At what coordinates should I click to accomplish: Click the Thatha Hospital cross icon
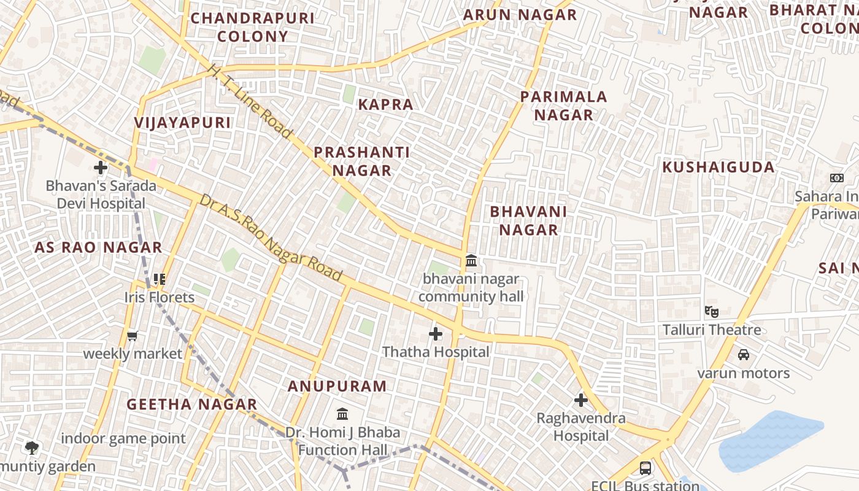[436, 334]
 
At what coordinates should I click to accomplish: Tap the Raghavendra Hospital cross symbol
[580, 401]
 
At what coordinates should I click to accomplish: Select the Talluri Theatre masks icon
[712, 311]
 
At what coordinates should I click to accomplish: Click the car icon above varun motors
[743, 355]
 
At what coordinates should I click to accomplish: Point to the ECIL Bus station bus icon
[645, 468]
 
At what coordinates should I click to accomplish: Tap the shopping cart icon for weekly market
[132, 336]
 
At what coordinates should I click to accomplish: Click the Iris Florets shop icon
[160, 279]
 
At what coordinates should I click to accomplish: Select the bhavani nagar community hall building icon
[471, 261]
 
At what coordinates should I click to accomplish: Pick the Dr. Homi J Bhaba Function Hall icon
[342, 414]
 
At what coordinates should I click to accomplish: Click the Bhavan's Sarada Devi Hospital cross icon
[101, 167]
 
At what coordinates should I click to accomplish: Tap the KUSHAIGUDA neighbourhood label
[718, 167]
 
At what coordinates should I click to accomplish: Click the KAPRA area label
[385, 104]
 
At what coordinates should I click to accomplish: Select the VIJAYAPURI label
[183, 123]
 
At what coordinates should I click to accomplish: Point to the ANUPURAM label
[337, 386]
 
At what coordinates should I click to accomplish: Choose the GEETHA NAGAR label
[191, 404]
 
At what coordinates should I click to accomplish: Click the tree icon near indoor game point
[32, 448]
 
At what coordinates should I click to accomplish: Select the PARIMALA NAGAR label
[563, 106]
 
